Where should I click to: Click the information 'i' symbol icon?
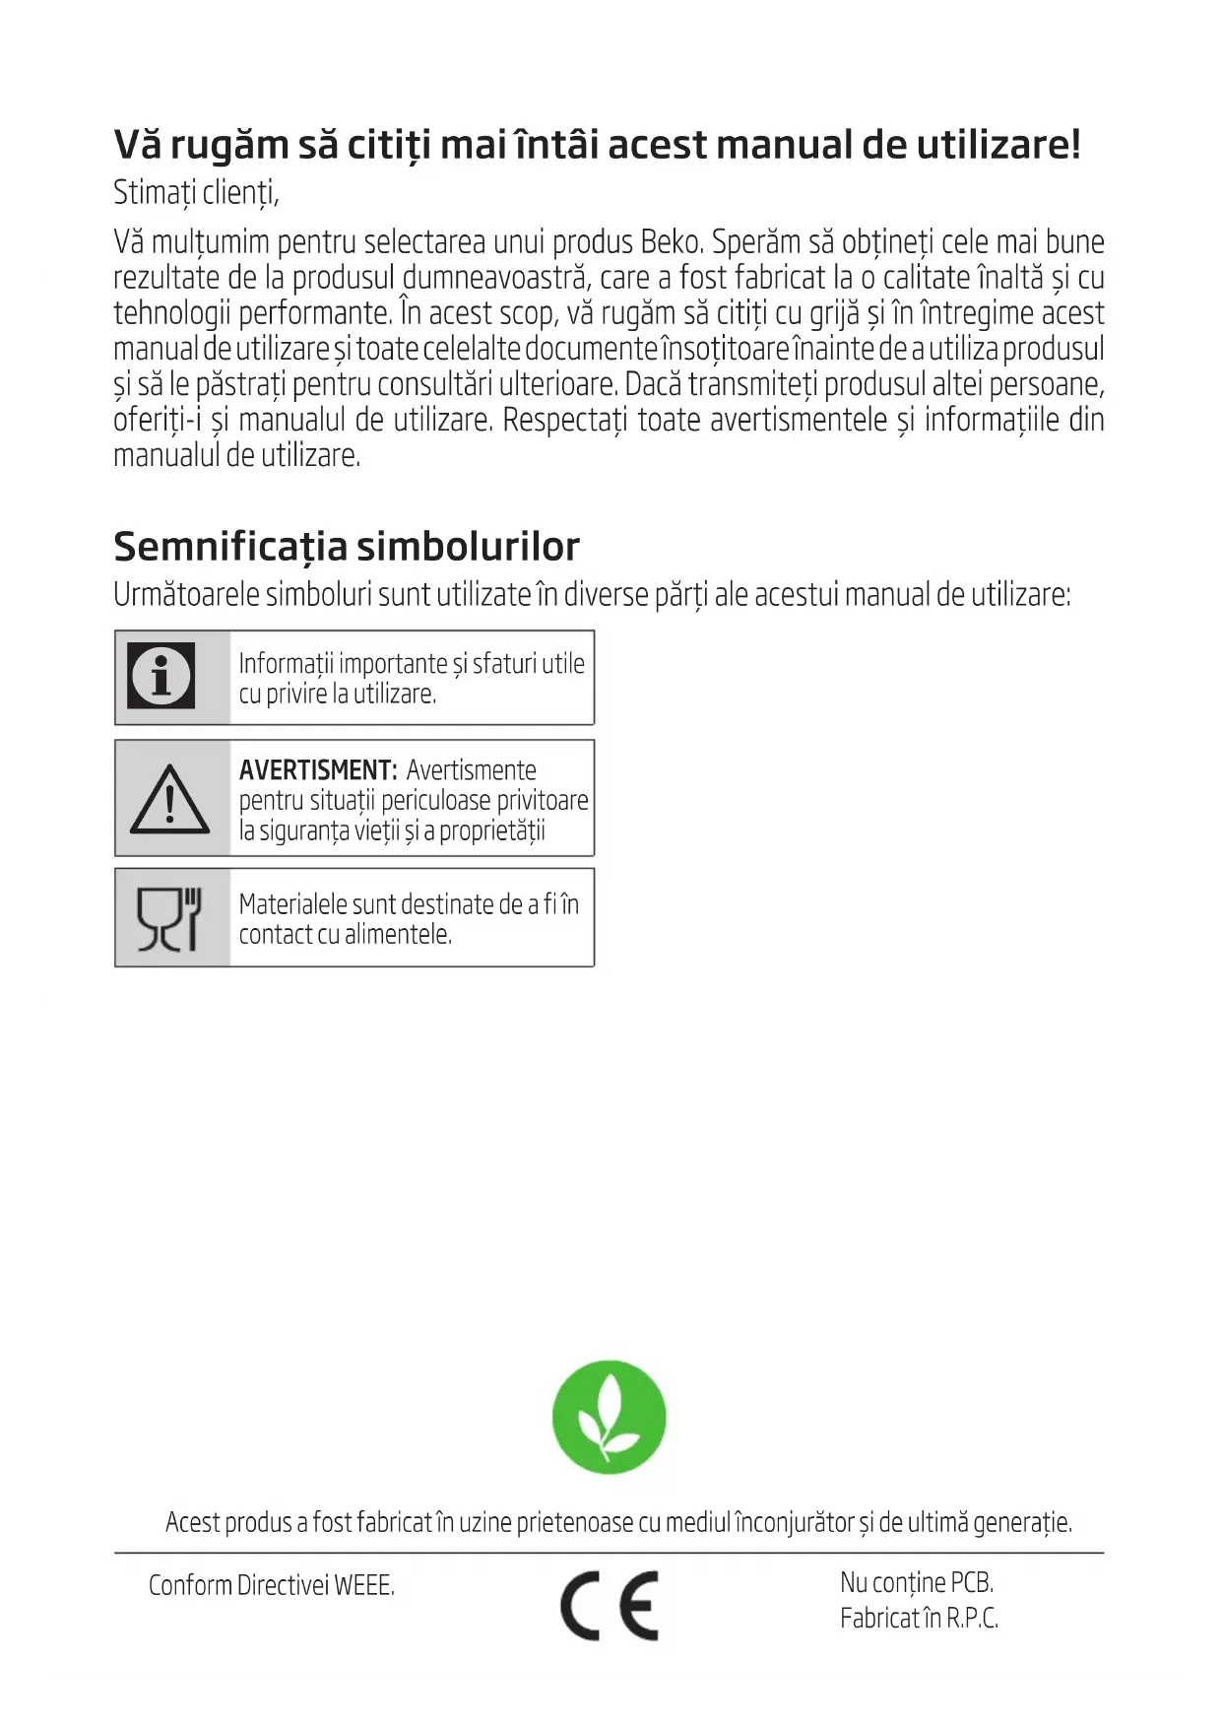[161, 676]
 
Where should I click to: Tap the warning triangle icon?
[169, 799]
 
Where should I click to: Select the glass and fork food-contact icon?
[169, 919]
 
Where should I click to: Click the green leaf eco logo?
[609, 1417]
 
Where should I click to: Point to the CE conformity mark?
[610, 1605]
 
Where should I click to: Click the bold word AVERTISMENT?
[317, 770]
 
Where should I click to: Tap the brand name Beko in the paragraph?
[671, 242]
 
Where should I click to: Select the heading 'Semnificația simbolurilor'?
[347, 547]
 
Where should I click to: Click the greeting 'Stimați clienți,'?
[196, 193]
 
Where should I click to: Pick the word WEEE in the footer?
[363, 1585]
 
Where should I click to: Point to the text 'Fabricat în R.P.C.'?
[919, 1618]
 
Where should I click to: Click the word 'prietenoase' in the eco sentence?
[575, 1522]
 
